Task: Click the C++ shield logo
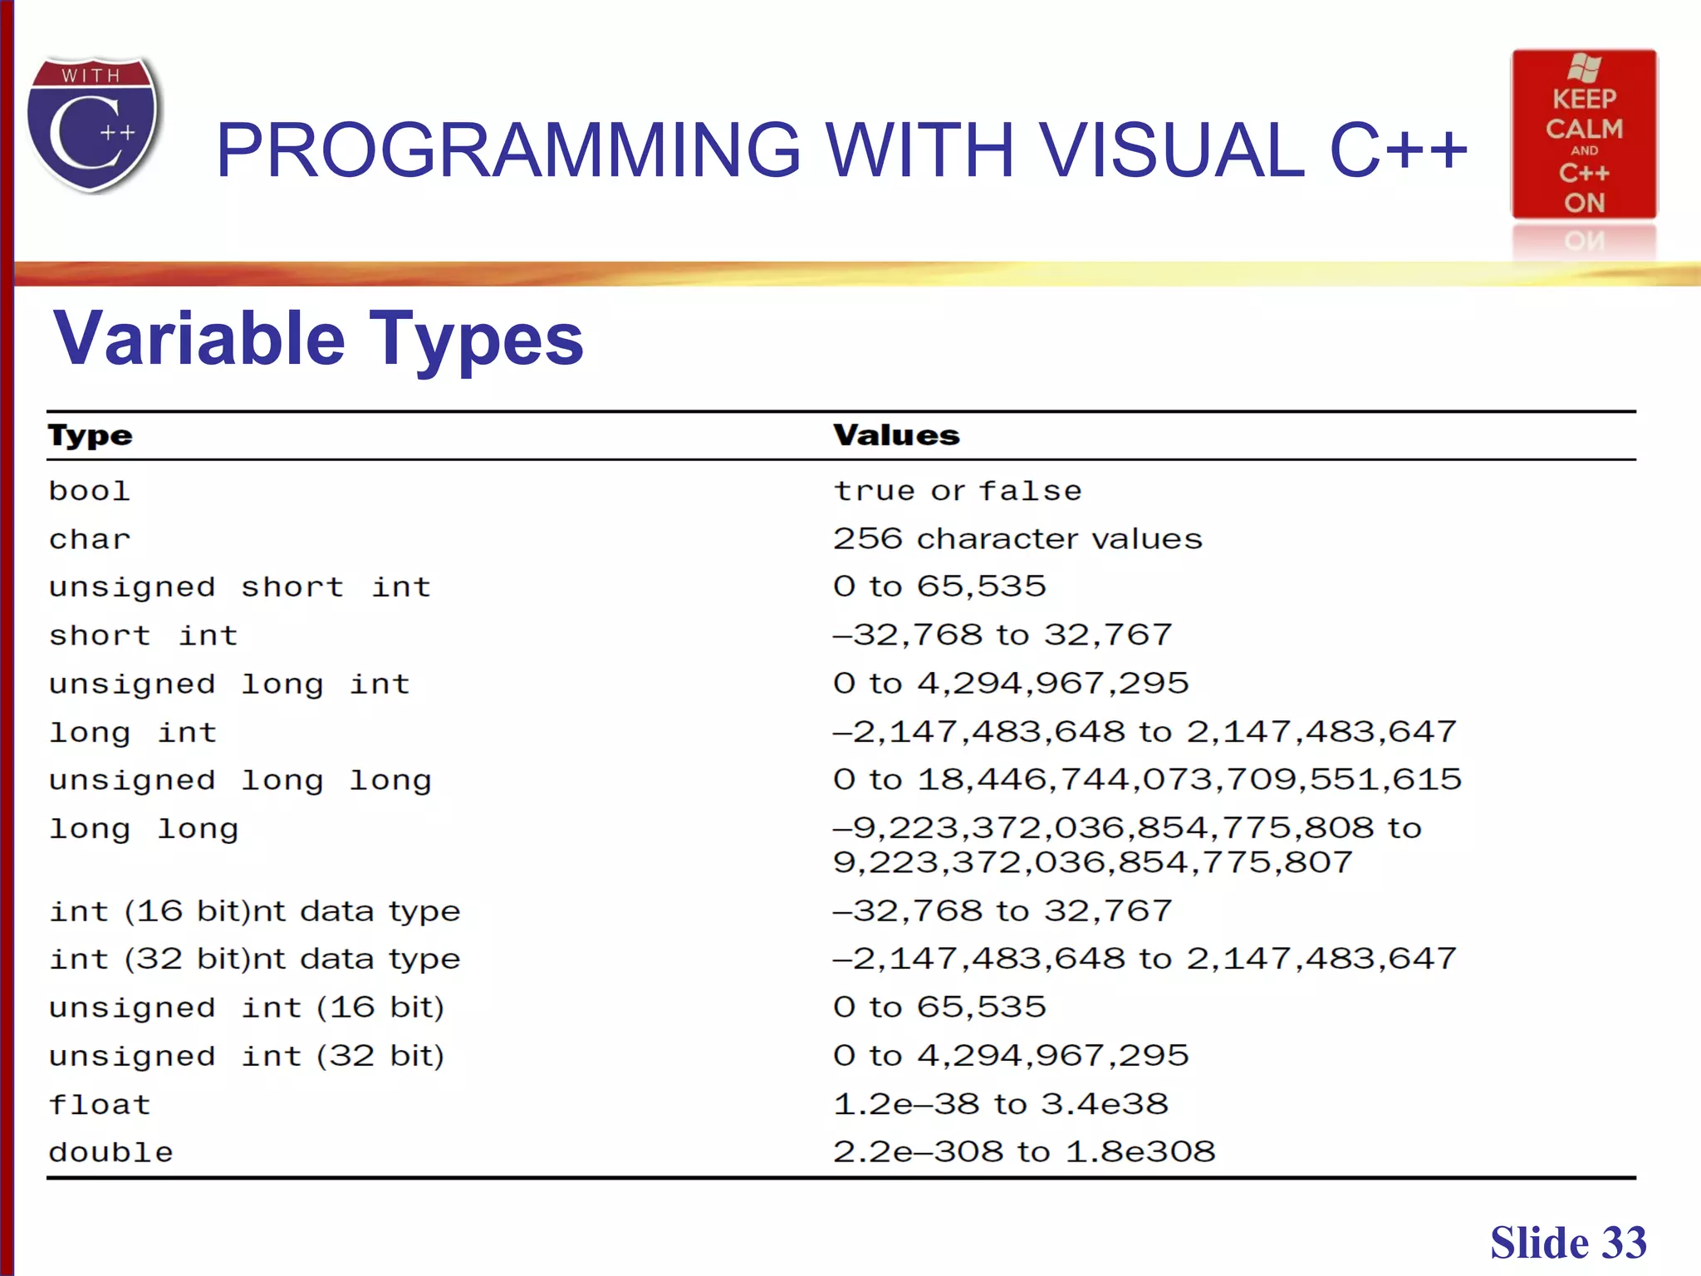[93, 125]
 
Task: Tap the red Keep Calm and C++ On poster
[1584, 135]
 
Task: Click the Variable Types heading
[319, 338]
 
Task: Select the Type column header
[90, 435]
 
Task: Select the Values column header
[896, 435]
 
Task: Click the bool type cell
[90, 491]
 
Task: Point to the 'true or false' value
[958, 491]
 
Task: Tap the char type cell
[90, 539]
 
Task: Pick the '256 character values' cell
[1017, 539]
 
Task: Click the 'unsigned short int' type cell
[240, 587]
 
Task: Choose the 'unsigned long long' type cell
[240, 781]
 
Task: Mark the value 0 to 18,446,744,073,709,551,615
[1147, 779]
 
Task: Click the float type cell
[100, 1104]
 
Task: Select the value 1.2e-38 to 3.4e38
[1001, 1104]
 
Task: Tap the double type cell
[110, 1152]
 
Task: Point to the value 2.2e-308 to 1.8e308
[1024, 1152]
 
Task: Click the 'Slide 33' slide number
[1567, 1243]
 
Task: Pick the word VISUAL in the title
[1171, 150]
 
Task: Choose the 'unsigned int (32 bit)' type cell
[247, 1056]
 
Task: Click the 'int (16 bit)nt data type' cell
[254, 911]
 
